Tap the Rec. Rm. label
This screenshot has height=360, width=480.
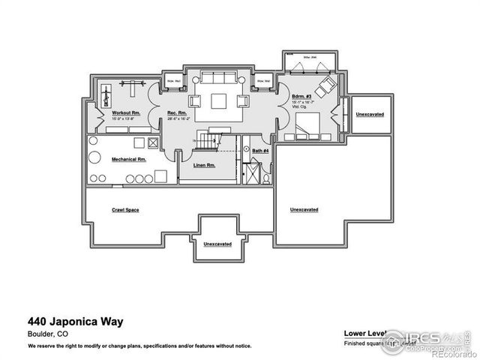coord(176,112)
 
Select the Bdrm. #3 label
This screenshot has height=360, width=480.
coord(301,97)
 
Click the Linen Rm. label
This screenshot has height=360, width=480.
coord(204,165)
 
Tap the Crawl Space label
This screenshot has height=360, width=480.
coord(125,210)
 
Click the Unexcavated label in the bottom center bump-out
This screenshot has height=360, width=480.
coord(217,244)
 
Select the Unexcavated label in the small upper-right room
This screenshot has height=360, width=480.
coord(370,115)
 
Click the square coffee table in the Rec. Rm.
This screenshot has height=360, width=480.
coord(220,102)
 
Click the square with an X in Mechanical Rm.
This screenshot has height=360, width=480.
coord(154,142)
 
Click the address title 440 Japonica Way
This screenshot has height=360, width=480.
coord(75,322)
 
